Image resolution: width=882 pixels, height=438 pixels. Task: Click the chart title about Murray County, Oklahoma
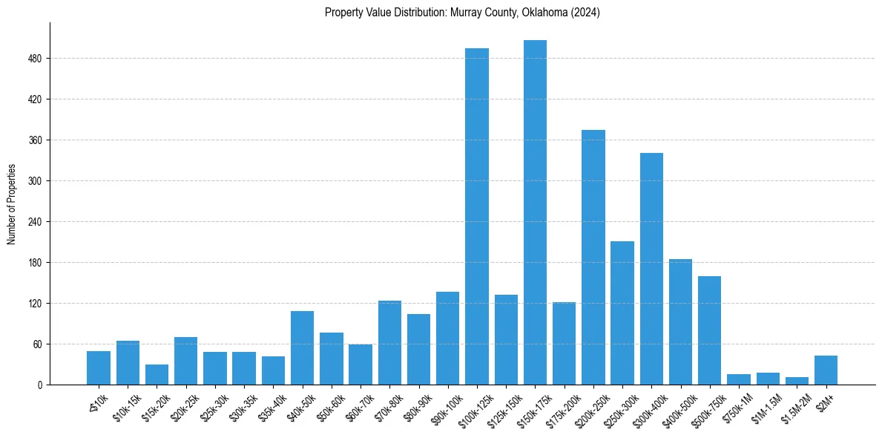coord(462,13)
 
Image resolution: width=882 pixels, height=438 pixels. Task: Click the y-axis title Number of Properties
coord(12,204)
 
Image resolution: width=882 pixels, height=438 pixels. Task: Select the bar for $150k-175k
coord(535,212)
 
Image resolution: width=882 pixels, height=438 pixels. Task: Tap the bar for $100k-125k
coord(477,217)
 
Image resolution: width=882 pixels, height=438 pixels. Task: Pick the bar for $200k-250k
coord(593,258)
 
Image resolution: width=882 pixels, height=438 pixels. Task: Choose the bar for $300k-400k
coord(651,269)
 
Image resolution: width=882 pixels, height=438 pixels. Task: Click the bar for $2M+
coord(826,370)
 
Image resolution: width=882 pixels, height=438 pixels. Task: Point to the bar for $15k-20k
coord(157,375)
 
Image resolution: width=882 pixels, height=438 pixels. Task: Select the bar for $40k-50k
coord(302,348)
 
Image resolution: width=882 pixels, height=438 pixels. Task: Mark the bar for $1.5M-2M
coord(797,381)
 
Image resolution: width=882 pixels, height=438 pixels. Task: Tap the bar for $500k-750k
coord(709,330)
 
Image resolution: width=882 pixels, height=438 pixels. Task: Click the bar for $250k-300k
coord(622,313)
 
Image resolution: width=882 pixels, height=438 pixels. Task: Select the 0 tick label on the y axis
coord(41,385)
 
